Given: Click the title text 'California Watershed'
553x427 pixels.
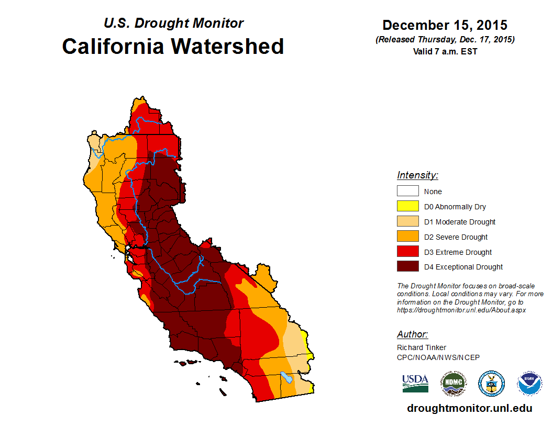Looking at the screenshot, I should point(173,46).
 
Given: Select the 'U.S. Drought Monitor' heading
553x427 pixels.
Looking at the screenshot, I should point(173,24).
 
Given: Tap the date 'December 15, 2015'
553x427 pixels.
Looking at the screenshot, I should point(445,25).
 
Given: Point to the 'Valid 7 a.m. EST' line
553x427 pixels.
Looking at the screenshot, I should point(445,51).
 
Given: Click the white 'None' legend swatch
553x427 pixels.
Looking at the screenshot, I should point(407,191).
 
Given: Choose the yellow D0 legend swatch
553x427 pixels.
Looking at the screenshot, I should point(407,206).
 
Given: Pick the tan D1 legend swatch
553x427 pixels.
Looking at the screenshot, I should point(407,221).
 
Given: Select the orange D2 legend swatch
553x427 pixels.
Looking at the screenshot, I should point(407,237).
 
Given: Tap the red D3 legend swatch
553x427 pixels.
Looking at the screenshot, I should point(407,252).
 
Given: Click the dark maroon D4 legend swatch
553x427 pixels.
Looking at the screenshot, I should point(407,267).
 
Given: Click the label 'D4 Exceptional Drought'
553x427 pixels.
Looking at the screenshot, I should point(463,267).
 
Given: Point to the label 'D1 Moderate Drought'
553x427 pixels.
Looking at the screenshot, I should point(460,222).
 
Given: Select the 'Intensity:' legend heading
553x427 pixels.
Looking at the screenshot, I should point(417,175).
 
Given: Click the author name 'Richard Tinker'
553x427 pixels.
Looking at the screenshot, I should point(422,347).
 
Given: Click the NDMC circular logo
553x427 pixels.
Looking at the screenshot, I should point(453,384).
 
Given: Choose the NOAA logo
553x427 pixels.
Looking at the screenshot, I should point(529,384).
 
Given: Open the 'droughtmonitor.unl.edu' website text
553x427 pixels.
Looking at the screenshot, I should point(470,408).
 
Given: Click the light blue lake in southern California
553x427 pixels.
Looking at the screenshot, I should point(286,376).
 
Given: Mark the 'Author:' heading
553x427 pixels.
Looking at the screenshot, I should point(412,334).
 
